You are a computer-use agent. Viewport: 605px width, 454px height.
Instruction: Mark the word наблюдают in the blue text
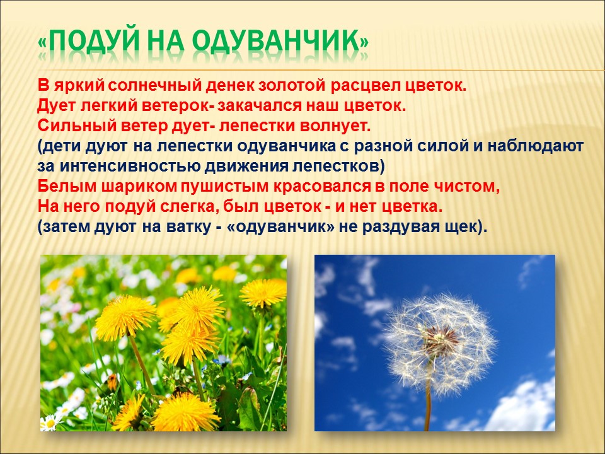[536, 146]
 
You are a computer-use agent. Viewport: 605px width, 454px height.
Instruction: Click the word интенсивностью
[130, 166]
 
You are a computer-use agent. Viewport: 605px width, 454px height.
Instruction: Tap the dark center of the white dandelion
[441, 339]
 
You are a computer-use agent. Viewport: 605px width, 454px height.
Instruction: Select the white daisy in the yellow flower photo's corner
[49, 422]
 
